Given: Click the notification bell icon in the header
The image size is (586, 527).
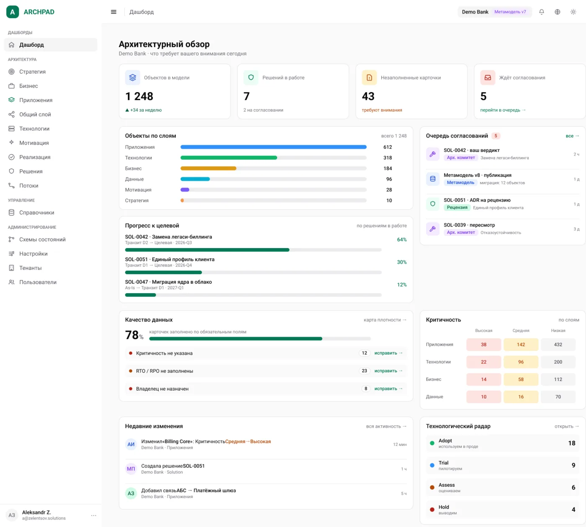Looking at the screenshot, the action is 541,12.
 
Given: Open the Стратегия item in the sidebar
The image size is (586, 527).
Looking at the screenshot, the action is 32,72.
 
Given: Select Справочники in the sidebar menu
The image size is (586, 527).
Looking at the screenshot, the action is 36,212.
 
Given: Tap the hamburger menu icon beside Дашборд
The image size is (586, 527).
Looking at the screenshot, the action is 113,12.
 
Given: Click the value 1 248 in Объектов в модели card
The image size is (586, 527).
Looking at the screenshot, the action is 139,96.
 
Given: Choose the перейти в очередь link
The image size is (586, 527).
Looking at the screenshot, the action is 503,110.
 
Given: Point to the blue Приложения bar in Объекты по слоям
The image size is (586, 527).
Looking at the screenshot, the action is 273,147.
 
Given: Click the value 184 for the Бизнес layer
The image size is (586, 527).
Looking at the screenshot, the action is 388,169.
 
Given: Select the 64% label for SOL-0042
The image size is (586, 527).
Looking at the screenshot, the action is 402,240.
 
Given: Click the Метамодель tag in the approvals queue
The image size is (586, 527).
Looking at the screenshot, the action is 460,183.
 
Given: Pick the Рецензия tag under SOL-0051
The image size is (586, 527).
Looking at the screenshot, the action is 457,207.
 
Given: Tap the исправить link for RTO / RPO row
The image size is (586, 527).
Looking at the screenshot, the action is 388,371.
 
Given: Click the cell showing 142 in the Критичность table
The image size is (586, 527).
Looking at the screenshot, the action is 521,345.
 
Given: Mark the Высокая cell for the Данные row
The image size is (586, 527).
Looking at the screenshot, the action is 484,397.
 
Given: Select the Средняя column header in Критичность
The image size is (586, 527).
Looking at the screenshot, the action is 521,330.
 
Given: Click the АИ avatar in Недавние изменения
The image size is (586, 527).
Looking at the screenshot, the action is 131,444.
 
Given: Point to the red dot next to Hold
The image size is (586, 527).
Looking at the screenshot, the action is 432,510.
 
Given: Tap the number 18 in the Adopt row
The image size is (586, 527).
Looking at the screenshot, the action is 572,443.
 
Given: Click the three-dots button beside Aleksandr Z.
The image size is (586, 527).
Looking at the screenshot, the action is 93,515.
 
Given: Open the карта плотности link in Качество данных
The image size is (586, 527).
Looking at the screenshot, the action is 385,320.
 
